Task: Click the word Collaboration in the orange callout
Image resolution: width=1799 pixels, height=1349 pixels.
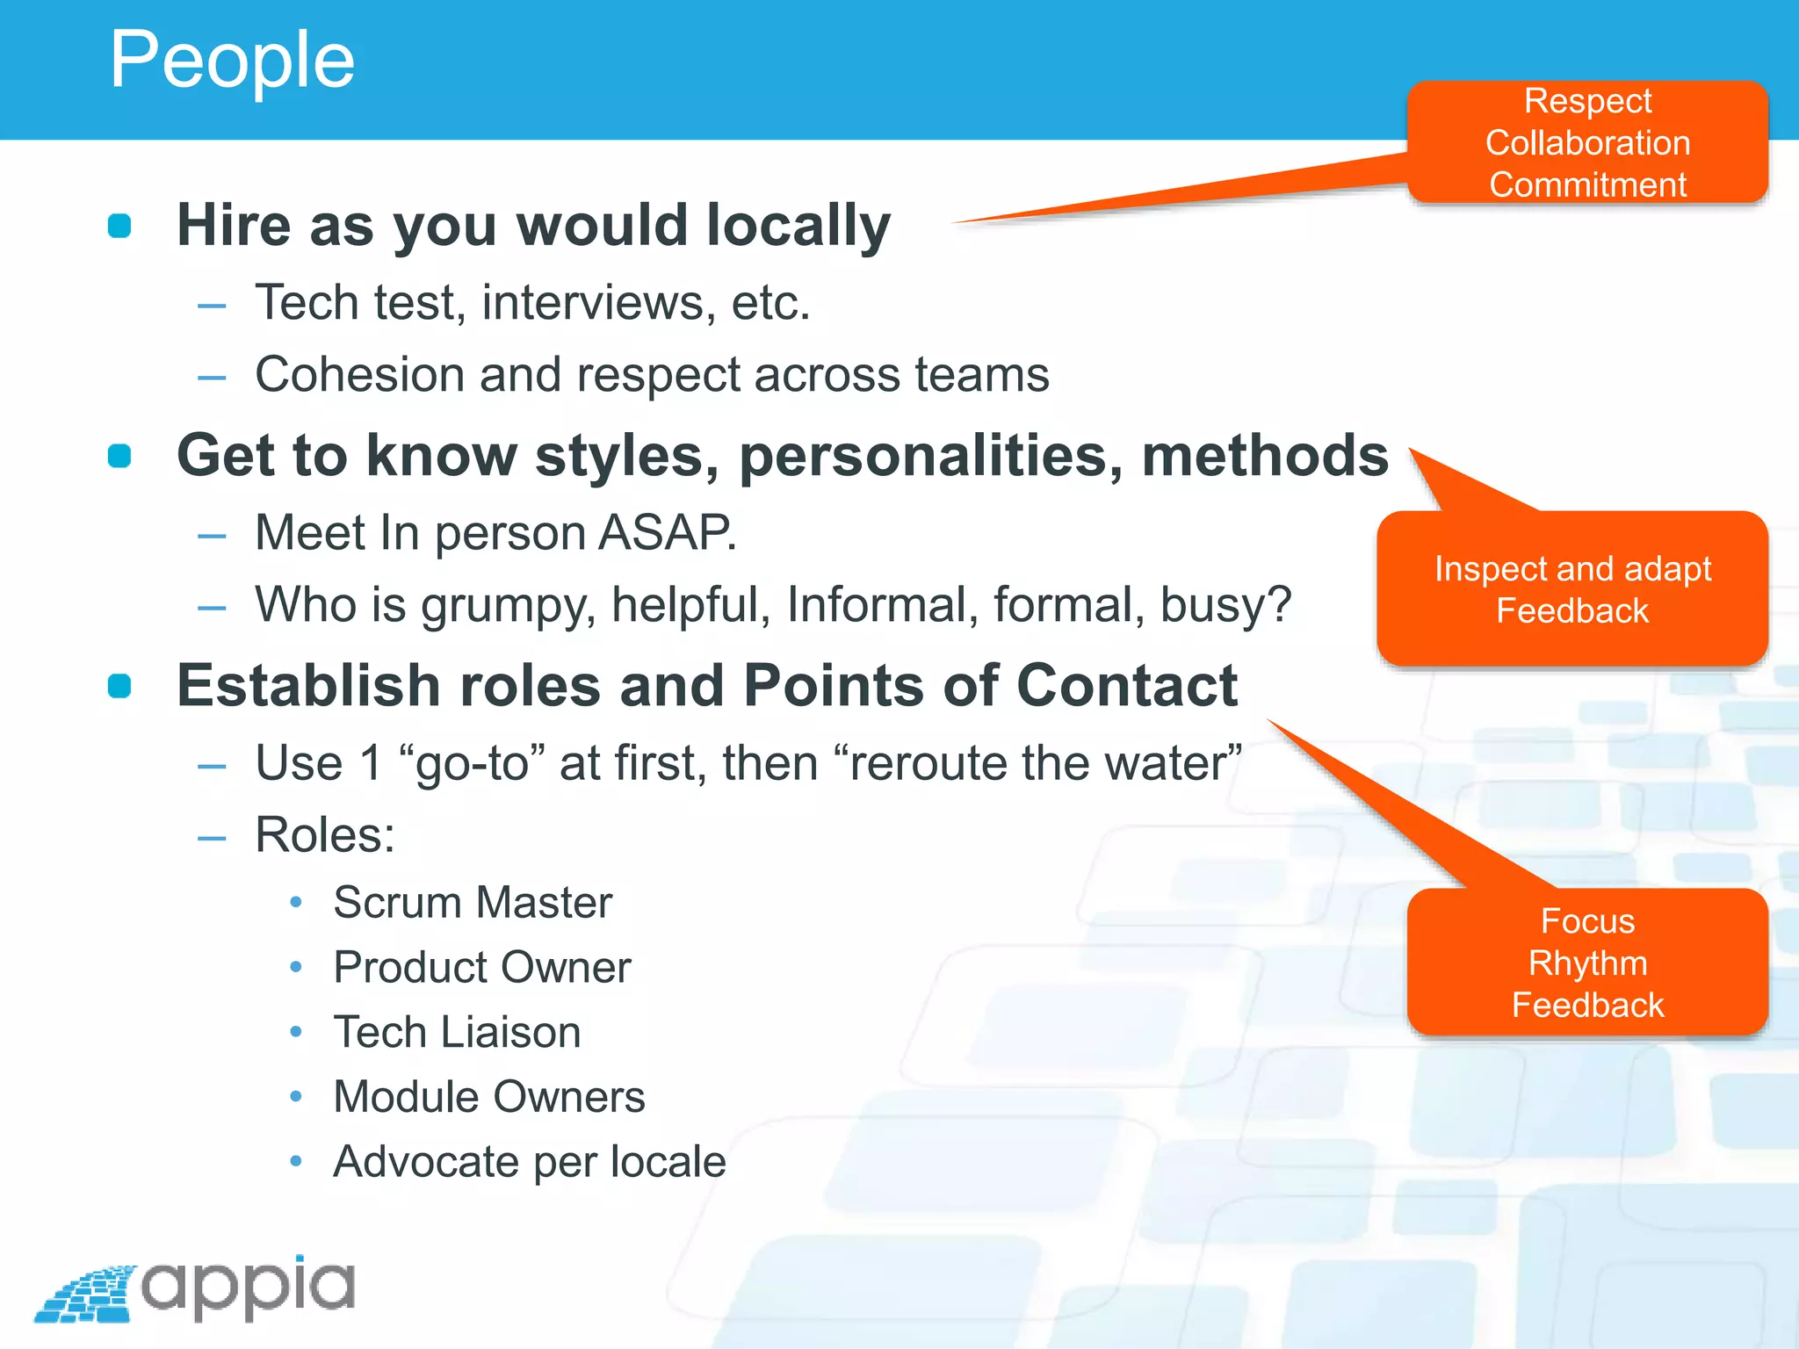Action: [1587, 142]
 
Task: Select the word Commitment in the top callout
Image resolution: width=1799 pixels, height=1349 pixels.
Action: [1587, 184]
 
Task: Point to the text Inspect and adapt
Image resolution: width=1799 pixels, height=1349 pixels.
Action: [1572, 569]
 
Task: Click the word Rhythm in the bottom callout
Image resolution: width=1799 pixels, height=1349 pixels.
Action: [1587, 963]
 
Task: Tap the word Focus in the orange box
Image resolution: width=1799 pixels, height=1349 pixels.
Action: [1587, 921]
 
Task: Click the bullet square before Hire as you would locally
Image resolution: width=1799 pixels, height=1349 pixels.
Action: [119, 226]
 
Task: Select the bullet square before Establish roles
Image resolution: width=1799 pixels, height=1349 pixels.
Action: [119, 686]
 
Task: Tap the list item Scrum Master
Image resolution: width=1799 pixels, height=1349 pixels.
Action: [473, 903]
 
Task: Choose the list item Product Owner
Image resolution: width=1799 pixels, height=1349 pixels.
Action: [482, 968]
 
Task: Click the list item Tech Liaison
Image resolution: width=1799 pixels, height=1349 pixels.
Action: [457, 1032]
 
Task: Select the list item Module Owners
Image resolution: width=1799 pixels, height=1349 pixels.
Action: [489, 1097]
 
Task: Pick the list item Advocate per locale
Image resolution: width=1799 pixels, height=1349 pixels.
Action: [530, 1162]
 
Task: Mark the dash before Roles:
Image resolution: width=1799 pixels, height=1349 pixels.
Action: [212, 838]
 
